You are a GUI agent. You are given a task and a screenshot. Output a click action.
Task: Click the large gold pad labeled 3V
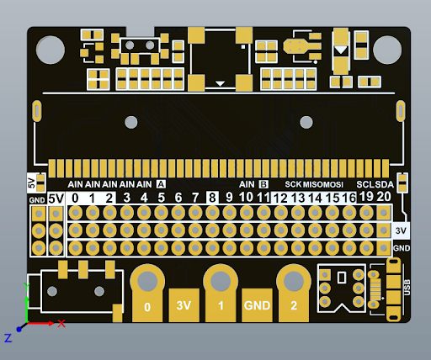pos(184,305)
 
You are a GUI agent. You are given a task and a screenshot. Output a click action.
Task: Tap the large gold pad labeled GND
pos(257,305)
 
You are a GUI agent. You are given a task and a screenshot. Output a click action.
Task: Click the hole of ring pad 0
pos(147,281)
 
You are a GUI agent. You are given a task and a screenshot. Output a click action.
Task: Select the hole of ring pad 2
pos(294,281)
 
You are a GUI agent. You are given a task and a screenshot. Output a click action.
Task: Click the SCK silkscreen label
pos(293,184)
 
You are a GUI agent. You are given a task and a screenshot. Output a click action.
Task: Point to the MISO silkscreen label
pos(313,185)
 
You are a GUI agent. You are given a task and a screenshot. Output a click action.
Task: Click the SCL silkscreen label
pos(365,184)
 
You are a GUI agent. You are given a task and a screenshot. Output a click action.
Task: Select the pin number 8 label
pos(212,198)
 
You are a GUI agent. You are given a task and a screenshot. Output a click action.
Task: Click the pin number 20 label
pos(384,197)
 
